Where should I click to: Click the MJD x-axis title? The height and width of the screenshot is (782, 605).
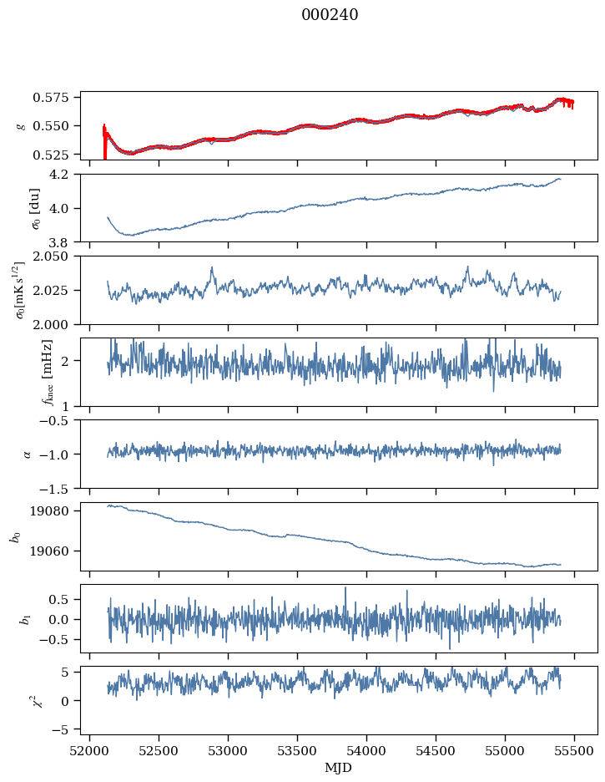(x=339, y=767)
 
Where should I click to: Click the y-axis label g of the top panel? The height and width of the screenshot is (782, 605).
(x=22, y=125)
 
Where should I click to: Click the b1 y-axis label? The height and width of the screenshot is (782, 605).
(x=23, y=619)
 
